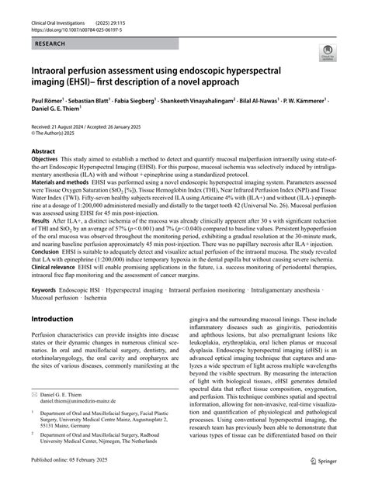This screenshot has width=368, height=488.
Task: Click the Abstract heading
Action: (43, 175)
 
